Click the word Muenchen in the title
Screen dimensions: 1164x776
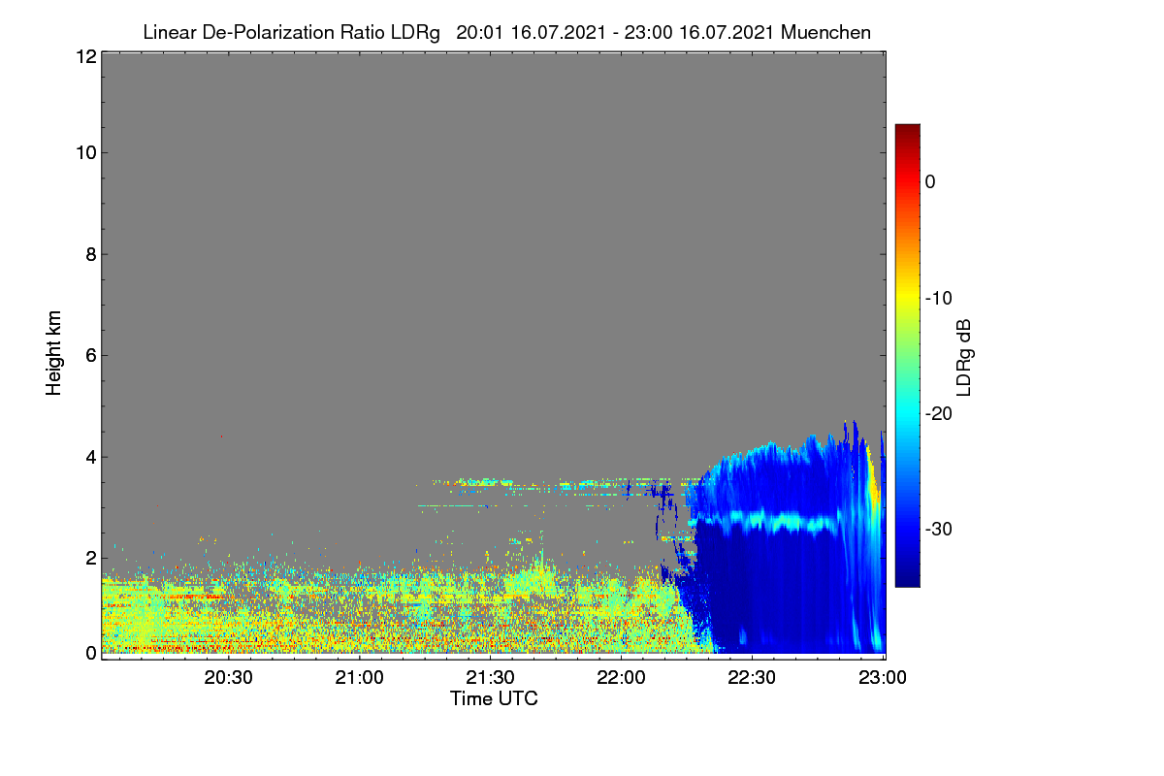825,33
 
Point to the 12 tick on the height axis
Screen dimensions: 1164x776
86,56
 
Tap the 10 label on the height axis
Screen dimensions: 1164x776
86,153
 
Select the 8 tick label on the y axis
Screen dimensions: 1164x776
91,254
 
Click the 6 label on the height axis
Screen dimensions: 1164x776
91,356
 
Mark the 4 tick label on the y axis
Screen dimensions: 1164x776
91,458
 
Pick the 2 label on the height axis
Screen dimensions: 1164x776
91,558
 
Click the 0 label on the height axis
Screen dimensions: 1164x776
91,653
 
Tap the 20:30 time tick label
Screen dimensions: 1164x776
228,678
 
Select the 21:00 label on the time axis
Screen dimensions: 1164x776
359,678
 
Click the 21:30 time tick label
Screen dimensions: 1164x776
490,678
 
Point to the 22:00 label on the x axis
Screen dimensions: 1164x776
621,678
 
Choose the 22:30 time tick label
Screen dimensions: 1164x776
752,678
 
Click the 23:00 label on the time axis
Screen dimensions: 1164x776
883,678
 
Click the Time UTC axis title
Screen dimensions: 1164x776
494,699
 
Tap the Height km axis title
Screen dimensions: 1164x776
53,353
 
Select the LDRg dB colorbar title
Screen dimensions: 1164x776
963,358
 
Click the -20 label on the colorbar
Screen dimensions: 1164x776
939,414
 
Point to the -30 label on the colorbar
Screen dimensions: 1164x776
939,530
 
